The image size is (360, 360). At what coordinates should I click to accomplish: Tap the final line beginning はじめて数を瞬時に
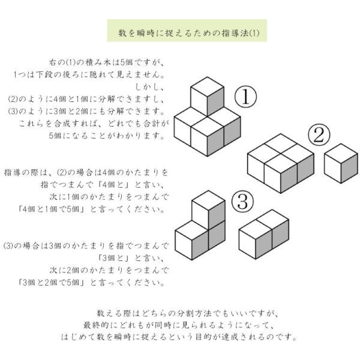[179, 337]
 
